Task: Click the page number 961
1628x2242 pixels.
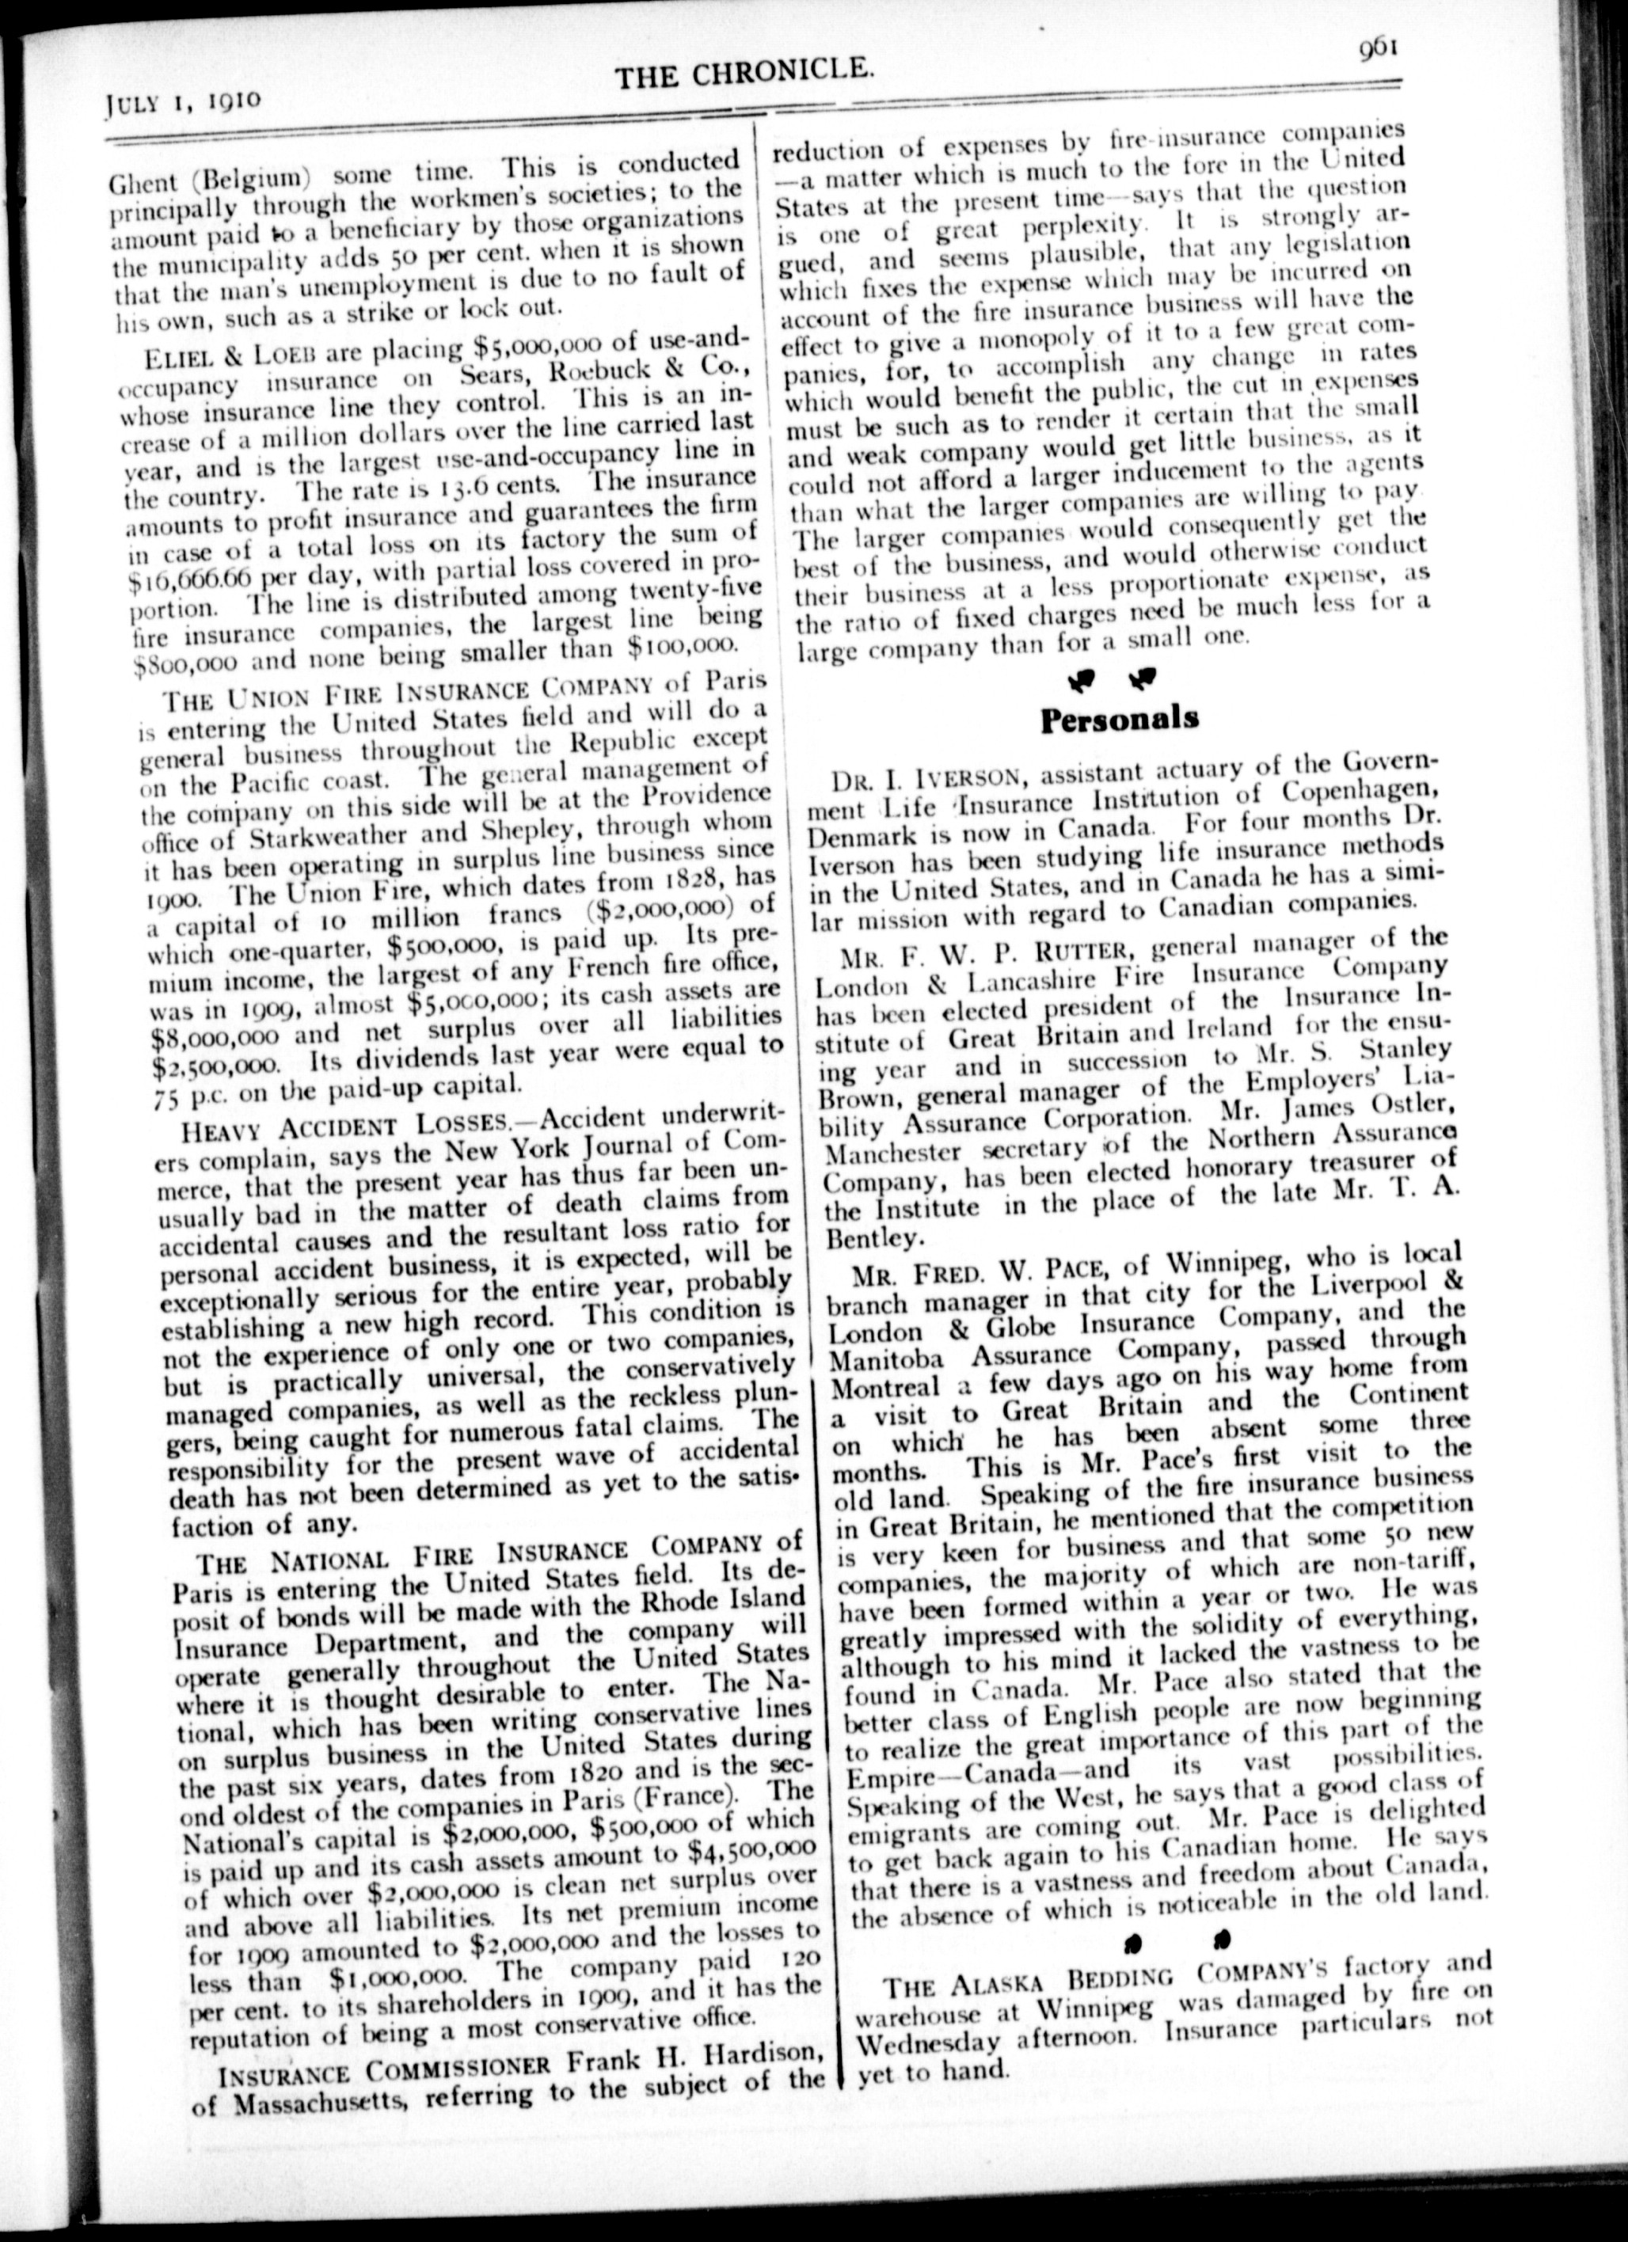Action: tap(1377, 47)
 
